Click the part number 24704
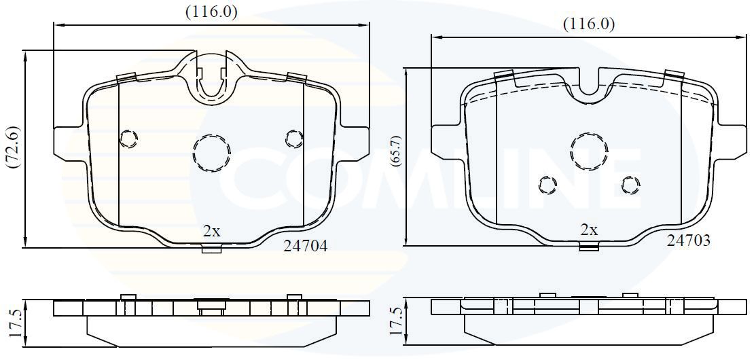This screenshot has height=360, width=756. point(305,246)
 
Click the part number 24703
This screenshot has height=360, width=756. point(688,240)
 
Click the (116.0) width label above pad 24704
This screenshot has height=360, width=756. point(212,12)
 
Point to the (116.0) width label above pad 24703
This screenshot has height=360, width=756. point(589,24)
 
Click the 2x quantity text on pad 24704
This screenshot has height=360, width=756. point(211,232)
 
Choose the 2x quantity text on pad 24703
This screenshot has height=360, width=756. point(589,230)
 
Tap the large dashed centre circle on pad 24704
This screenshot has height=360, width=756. point(212,152)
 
